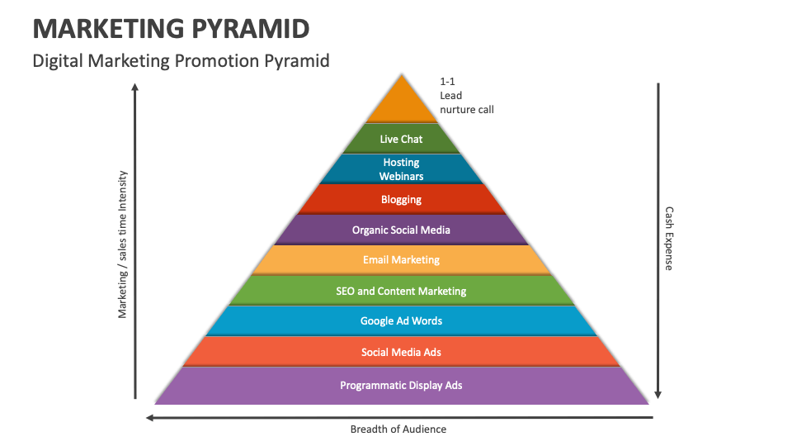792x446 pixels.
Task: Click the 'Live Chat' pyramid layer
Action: pos(401,139)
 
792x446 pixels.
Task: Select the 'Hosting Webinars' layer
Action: pos(401,169)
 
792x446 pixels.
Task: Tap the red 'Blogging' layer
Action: pos(401,199)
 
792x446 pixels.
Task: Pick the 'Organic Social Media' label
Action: pos(401,230)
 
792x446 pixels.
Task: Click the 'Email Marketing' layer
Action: pos(401,259)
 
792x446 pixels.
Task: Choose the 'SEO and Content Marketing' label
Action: pos(401,291)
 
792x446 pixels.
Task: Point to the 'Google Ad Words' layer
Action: pos(401,320)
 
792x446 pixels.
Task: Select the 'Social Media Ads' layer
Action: pos(401,352)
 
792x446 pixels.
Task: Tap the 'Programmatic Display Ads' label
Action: pos(401,385)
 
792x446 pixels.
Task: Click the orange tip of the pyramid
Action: pos(402,104)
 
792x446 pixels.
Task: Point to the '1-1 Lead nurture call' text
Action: pos(466,96)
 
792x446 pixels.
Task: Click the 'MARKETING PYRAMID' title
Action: pos(172,28)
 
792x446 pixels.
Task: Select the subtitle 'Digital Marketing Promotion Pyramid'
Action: pos(181,61)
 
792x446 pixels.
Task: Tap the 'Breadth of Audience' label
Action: pos(398,429)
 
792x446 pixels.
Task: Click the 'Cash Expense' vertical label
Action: pos(669,239)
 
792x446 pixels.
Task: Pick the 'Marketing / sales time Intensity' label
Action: pos(123,244)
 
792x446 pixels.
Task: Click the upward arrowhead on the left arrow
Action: pos(135,87)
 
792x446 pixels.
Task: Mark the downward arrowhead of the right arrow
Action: pos(658,394)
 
